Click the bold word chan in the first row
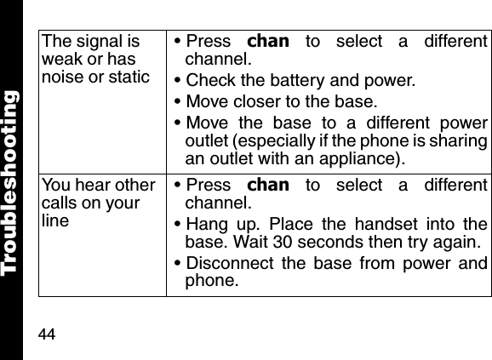coord(267,42)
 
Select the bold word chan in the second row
coord(267,186)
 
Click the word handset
coord(363,224)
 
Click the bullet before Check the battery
coord(176,81)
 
